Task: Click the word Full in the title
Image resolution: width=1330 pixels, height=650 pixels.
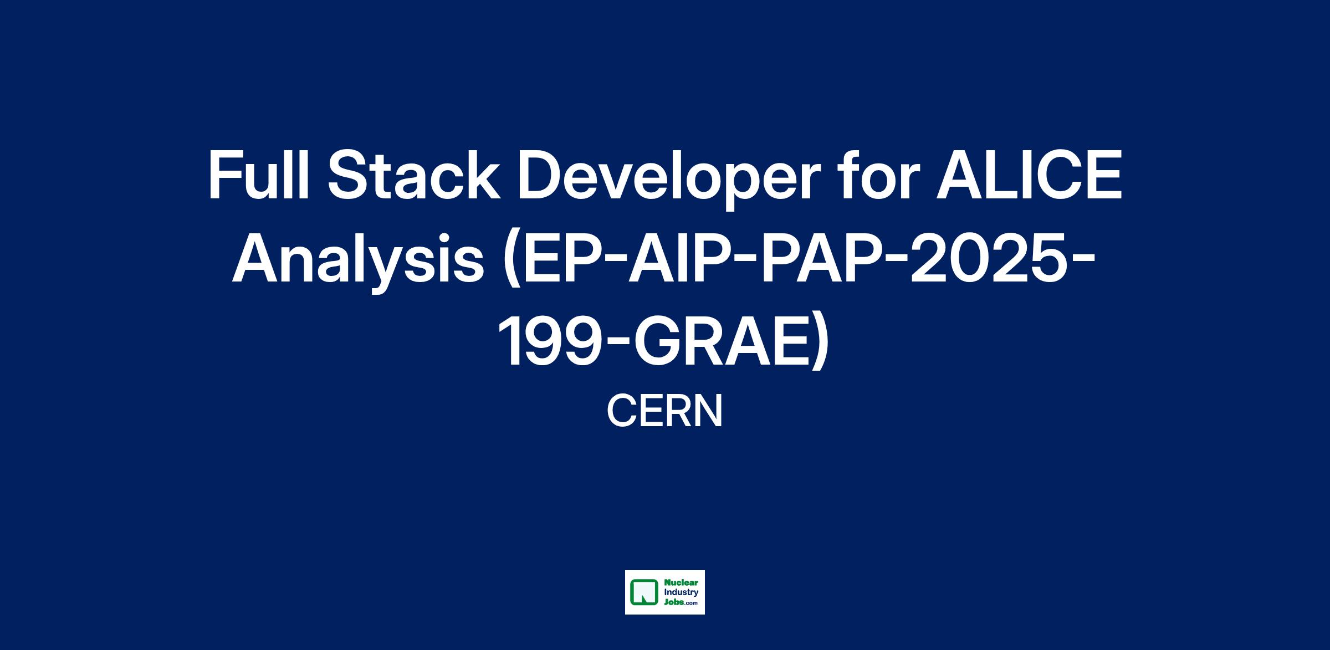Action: (x=258, y=176)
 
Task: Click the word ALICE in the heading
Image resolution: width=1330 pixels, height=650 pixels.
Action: (x=1029, y=176)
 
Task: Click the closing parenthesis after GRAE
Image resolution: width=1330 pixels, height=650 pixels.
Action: (x=820, y=347)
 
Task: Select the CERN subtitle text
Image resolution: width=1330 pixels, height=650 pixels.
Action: (x=665, y=411)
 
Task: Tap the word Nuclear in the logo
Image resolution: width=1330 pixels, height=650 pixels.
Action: (x=681, y=584)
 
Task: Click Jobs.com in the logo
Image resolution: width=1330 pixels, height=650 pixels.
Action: (x=681, y=603)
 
